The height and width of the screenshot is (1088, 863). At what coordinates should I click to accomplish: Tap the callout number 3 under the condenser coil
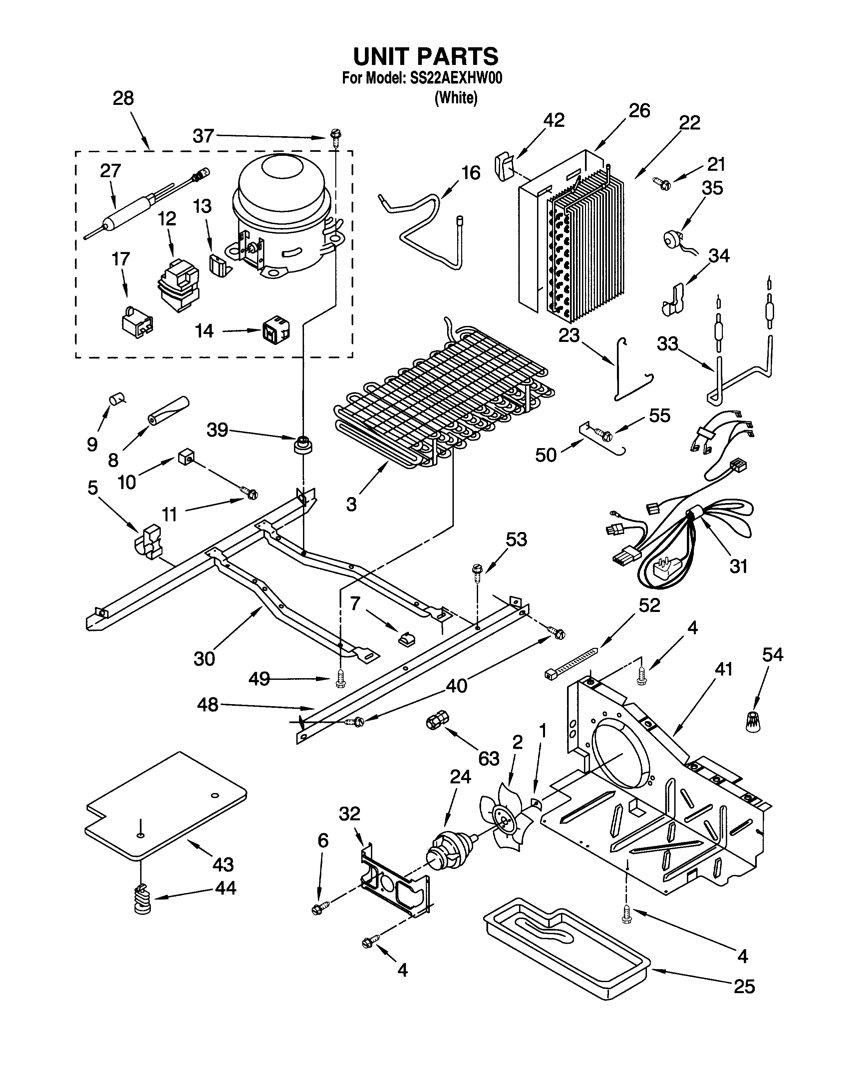(351, 504)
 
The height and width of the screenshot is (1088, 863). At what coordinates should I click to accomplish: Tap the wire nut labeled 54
(753, 722)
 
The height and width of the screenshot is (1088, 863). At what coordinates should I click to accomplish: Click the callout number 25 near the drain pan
(744, 986)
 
